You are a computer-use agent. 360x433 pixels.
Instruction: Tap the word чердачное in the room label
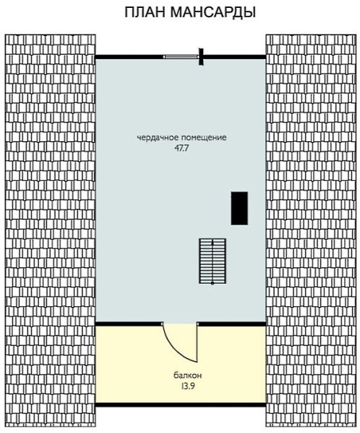(x=156, y=138)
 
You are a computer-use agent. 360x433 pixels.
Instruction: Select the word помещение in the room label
(x=202, y=138)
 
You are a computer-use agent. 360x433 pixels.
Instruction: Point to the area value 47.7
(x=181, y=148)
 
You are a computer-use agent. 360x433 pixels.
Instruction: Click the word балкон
(x=188, y=375)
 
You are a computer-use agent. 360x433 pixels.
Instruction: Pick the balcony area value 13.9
(x=188, y=386)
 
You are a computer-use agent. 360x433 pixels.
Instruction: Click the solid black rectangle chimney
(x=239, y=208)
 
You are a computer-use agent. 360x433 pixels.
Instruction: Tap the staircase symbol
(x=212, y=261)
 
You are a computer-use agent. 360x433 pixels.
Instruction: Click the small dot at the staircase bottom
(x=212, y=283)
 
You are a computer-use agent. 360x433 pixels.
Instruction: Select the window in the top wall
(x=181, y=57)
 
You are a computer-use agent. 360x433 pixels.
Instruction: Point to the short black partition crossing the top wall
(x=202, y=57)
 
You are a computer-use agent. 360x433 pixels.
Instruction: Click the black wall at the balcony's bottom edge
(x=181, y=405)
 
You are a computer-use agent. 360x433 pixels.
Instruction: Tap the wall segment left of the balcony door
(x=129, y=324)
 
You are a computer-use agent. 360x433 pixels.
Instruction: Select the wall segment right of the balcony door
(x=232, y=324)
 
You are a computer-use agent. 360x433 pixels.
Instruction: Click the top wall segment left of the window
(x=129, y=57)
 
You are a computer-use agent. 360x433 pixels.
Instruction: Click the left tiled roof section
(x=50, y=232)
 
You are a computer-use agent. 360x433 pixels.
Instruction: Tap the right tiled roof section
(x=311, y=232)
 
